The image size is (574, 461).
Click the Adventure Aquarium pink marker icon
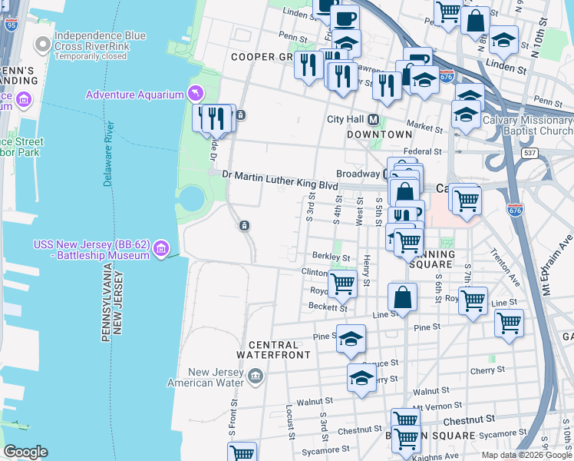click(196, 94)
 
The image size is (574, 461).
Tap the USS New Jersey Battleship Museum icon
click(161, 247)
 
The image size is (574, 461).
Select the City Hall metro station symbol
click(374, 120)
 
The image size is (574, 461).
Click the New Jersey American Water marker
click(256, 376)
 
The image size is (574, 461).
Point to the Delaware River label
click(109, 154)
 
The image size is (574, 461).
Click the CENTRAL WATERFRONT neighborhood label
click(273, 349)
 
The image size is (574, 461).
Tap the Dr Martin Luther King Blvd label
click(280, 174)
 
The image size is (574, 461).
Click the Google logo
click(25, 452)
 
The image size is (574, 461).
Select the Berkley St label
click(331, 257)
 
